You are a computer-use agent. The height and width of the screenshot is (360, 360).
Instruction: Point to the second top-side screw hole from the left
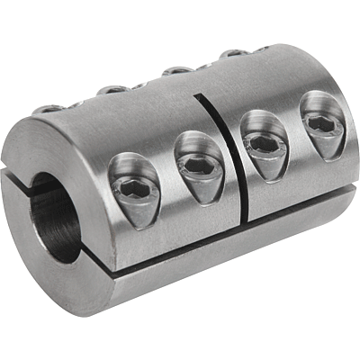click(x=112, y=89)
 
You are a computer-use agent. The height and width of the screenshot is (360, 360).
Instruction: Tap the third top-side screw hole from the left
click(x=177, y=70)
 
